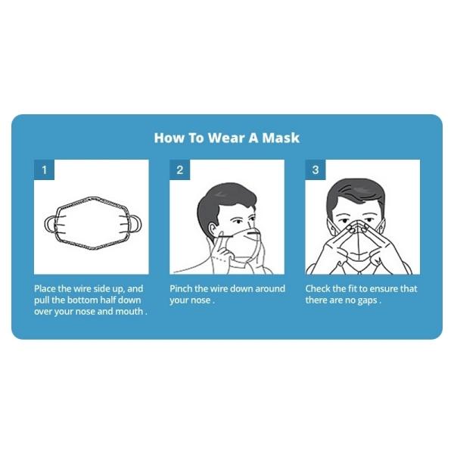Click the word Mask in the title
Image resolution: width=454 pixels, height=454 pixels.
click(x=279, y=138)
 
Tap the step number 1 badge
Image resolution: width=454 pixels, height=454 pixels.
click(x=44, y=170)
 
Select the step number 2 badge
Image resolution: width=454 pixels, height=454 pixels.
click(x=179, y=170)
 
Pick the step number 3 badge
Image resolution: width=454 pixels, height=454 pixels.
click(x=316, y=170)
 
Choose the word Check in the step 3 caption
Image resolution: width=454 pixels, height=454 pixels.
click(x=320, y=289)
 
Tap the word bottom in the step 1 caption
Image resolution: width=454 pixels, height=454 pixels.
click(x=81, y=300)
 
